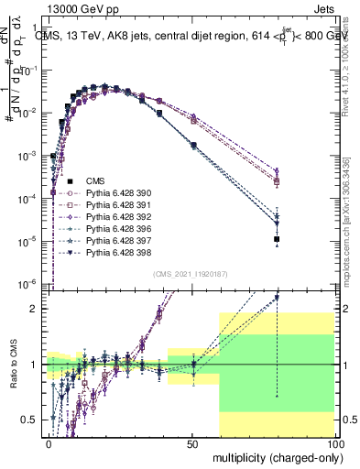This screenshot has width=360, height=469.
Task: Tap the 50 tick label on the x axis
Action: click(x=192, y=442)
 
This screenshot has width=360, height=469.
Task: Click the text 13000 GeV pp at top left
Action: click(x=50, y=9)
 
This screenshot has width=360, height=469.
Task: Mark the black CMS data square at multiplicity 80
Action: click(x=277, y=239)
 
